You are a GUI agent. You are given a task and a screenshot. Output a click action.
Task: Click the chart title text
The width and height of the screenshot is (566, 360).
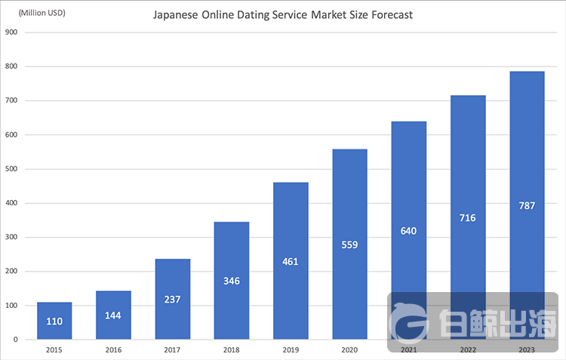click(x=283, y=14)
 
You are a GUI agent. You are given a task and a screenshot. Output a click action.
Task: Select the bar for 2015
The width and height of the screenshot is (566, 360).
click(x=54, y=321)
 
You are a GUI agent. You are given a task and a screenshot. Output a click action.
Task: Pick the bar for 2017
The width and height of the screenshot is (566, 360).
click(x=173, y=299)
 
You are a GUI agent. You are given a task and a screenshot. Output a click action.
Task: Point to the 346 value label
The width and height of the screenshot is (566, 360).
click(x=232, y=280)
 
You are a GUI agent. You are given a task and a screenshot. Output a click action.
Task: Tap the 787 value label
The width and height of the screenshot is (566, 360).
click(x=527, y=205)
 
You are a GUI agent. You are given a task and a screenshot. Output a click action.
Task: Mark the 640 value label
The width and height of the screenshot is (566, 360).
click(x=408, y=230)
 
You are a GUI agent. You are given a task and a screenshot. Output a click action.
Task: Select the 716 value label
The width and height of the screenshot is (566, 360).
click(x=467, y=217)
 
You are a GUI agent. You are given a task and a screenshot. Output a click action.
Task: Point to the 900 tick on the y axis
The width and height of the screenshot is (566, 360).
click(x=11, y=32)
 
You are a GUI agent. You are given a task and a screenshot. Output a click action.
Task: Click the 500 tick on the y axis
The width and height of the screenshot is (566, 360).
click(x=11, y=169)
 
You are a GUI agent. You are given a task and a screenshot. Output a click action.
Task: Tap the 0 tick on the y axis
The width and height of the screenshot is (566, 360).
click(x=16, y=340)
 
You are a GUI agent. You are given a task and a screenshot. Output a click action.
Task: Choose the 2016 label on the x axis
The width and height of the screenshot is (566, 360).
click(x=113, y=351)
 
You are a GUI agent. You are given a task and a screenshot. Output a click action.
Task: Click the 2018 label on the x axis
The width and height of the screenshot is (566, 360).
click(x=232, y=351)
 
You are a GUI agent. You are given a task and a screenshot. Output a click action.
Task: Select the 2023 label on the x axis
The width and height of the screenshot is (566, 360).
click(x=527, y=351)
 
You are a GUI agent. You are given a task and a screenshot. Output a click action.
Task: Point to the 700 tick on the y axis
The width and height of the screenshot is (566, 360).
click(x=11, y=101)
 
